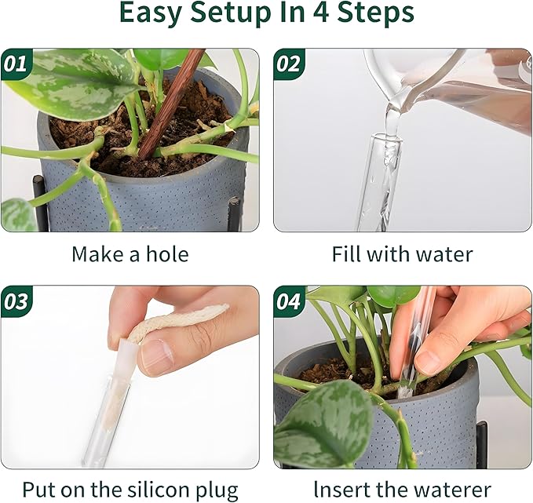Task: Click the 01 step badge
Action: pos(16,64)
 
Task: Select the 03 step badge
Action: pos(16,301)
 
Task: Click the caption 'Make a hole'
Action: pos(130,254)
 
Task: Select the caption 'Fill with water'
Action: pos(402,254)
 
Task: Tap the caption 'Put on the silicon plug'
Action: pos(130,490)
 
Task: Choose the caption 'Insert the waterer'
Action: pos(402,490)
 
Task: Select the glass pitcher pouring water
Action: pos(440,86)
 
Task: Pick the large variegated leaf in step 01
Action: pos(75,90)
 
